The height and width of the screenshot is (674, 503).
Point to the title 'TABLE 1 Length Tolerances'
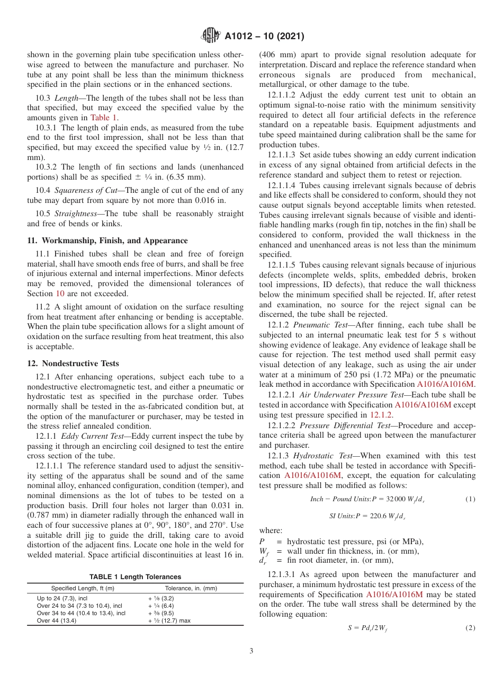click(x=135, y=577)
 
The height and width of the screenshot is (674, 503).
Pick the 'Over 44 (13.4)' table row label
click(x=57, y=620)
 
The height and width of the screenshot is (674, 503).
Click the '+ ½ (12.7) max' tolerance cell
click(x=169, y=620)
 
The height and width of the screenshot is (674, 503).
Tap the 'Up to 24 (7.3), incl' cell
click(x=61, y=598)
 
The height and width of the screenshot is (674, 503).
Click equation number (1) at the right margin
click(x=470, y=499)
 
